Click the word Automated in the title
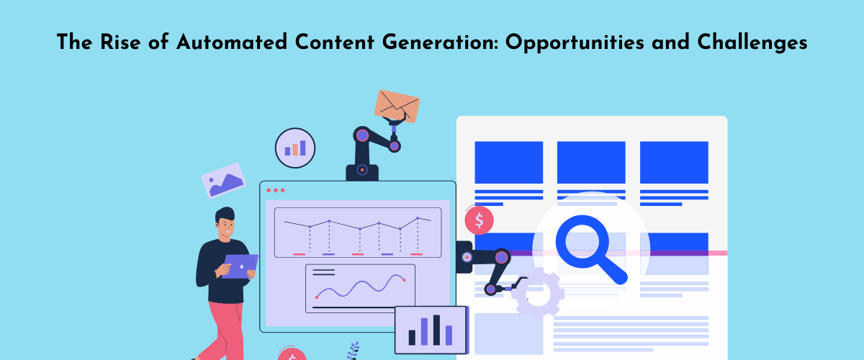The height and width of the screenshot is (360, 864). point(232,42)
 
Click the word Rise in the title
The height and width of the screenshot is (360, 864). point(120,42)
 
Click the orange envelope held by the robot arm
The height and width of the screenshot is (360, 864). point(397,107)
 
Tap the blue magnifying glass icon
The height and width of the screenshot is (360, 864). point(591,249)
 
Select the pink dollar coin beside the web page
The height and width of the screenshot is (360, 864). point(479,220)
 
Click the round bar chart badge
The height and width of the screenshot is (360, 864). point(295,148)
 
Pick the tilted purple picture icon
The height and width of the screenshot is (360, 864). point(223,181)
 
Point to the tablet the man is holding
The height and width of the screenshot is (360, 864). point(240,266)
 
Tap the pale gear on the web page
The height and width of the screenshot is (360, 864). point(538,294)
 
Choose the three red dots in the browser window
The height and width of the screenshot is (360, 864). point(276,190)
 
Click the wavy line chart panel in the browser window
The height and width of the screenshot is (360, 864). point(360,288)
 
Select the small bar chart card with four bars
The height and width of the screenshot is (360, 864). point(431,330)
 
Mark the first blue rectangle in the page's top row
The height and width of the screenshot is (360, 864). point(509,163)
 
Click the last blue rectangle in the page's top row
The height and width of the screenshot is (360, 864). point(674,163)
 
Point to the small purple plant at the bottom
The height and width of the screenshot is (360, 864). point(354,351)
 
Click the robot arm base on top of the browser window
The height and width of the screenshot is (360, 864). point(361,172)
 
